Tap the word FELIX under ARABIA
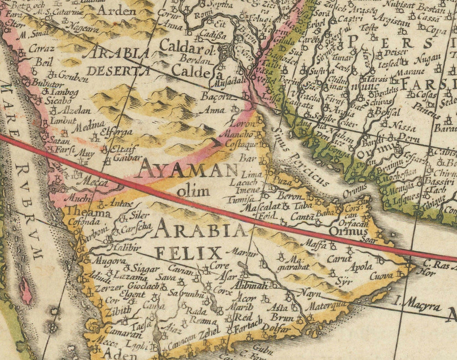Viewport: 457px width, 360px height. pos(189,252)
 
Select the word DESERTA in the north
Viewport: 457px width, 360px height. pos(118,71)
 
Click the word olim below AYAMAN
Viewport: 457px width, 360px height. pos(193,191)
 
